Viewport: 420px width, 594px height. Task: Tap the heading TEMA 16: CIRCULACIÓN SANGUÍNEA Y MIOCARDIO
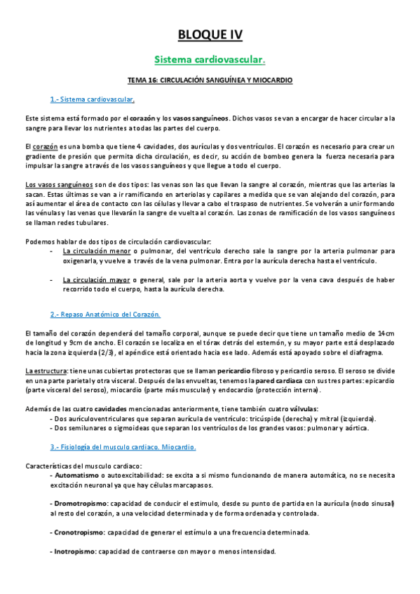coord(210,81)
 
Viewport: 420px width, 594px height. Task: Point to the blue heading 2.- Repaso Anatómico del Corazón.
coord(105,314)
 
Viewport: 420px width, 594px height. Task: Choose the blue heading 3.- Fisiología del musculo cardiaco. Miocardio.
coord(123,446)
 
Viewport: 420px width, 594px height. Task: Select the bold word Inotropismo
coord(75,551)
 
